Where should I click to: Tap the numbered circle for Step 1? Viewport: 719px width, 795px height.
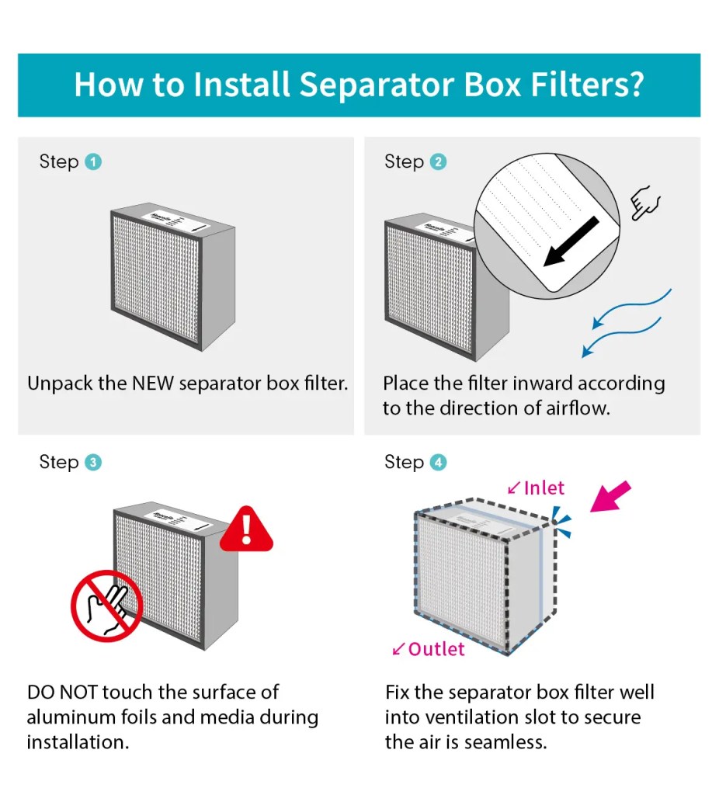point(93,162)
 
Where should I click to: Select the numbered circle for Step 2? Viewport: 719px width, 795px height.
point(438,162)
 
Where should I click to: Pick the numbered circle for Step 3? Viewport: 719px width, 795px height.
point(93,463)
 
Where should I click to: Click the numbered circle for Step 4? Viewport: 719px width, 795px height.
point(438,463)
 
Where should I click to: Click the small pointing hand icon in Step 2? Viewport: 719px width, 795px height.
point(646,204)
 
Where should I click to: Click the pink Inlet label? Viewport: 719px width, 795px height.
point(544,488)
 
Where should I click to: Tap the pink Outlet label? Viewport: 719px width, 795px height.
point(436,649)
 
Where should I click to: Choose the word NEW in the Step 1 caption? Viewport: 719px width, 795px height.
point(153,384)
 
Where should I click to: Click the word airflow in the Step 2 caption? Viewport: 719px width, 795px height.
point(573,408)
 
